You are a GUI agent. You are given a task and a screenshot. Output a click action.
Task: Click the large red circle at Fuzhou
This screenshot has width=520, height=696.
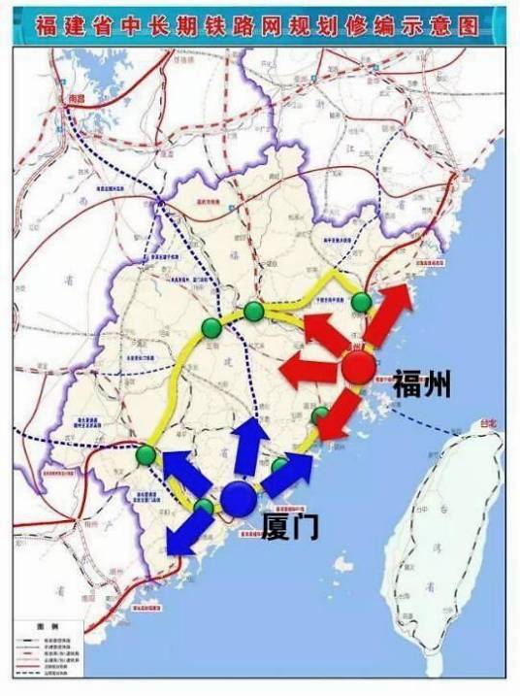point(358,368)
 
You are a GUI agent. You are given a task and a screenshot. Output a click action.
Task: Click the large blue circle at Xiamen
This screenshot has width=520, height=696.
point(238,498)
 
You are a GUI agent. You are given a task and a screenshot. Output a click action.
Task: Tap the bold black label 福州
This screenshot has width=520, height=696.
point(422,385)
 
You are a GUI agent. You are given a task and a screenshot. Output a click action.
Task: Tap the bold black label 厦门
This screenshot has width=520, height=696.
point(290,526)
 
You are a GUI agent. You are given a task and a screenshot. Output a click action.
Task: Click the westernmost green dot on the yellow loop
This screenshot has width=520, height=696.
point(146,454)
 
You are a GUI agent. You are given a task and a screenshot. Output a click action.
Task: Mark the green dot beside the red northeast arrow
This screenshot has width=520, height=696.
point(361,303)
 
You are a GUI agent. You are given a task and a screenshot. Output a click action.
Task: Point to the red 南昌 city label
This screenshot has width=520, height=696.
point(66,99)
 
